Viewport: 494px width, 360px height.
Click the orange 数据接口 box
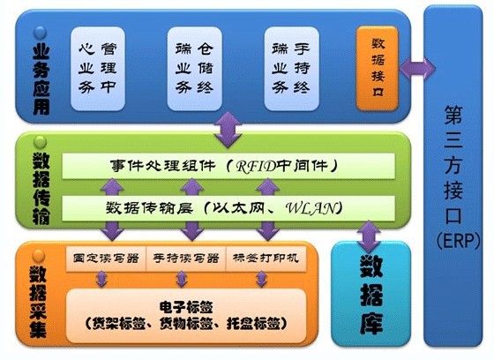[378, 68]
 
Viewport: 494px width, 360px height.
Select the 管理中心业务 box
[98, 69]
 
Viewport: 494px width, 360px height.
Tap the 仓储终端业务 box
[194, 69]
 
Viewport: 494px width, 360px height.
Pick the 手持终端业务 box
[291, 69]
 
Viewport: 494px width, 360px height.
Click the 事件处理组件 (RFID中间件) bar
[228, 166]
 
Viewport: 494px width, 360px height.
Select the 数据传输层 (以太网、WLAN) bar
[228, 208]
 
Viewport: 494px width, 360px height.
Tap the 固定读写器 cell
[106, 259]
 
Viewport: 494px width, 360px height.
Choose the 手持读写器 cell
[186, 259]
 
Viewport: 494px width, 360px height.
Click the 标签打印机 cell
[266, 259]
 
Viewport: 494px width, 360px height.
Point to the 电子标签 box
[186, 315]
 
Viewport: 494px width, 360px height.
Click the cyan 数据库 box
[371, 294]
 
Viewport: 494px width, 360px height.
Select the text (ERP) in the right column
[459, 241]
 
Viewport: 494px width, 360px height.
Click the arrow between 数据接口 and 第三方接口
[417, 68]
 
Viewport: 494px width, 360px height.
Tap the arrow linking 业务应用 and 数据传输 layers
[228, 130]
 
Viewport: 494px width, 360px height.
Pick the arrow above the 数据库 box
[369, 236]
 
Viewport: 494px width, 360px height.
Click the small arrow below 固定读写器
[101, 279]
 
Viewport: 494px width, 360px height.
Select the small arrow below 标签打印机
[261, 279]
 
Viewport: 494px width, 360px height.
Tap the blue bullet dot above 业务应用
[40, 33]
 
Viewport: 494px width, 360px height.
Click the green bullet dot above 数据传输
[40, 142]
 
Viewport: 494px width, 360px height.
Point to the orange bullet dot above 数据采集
[39, 256]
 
